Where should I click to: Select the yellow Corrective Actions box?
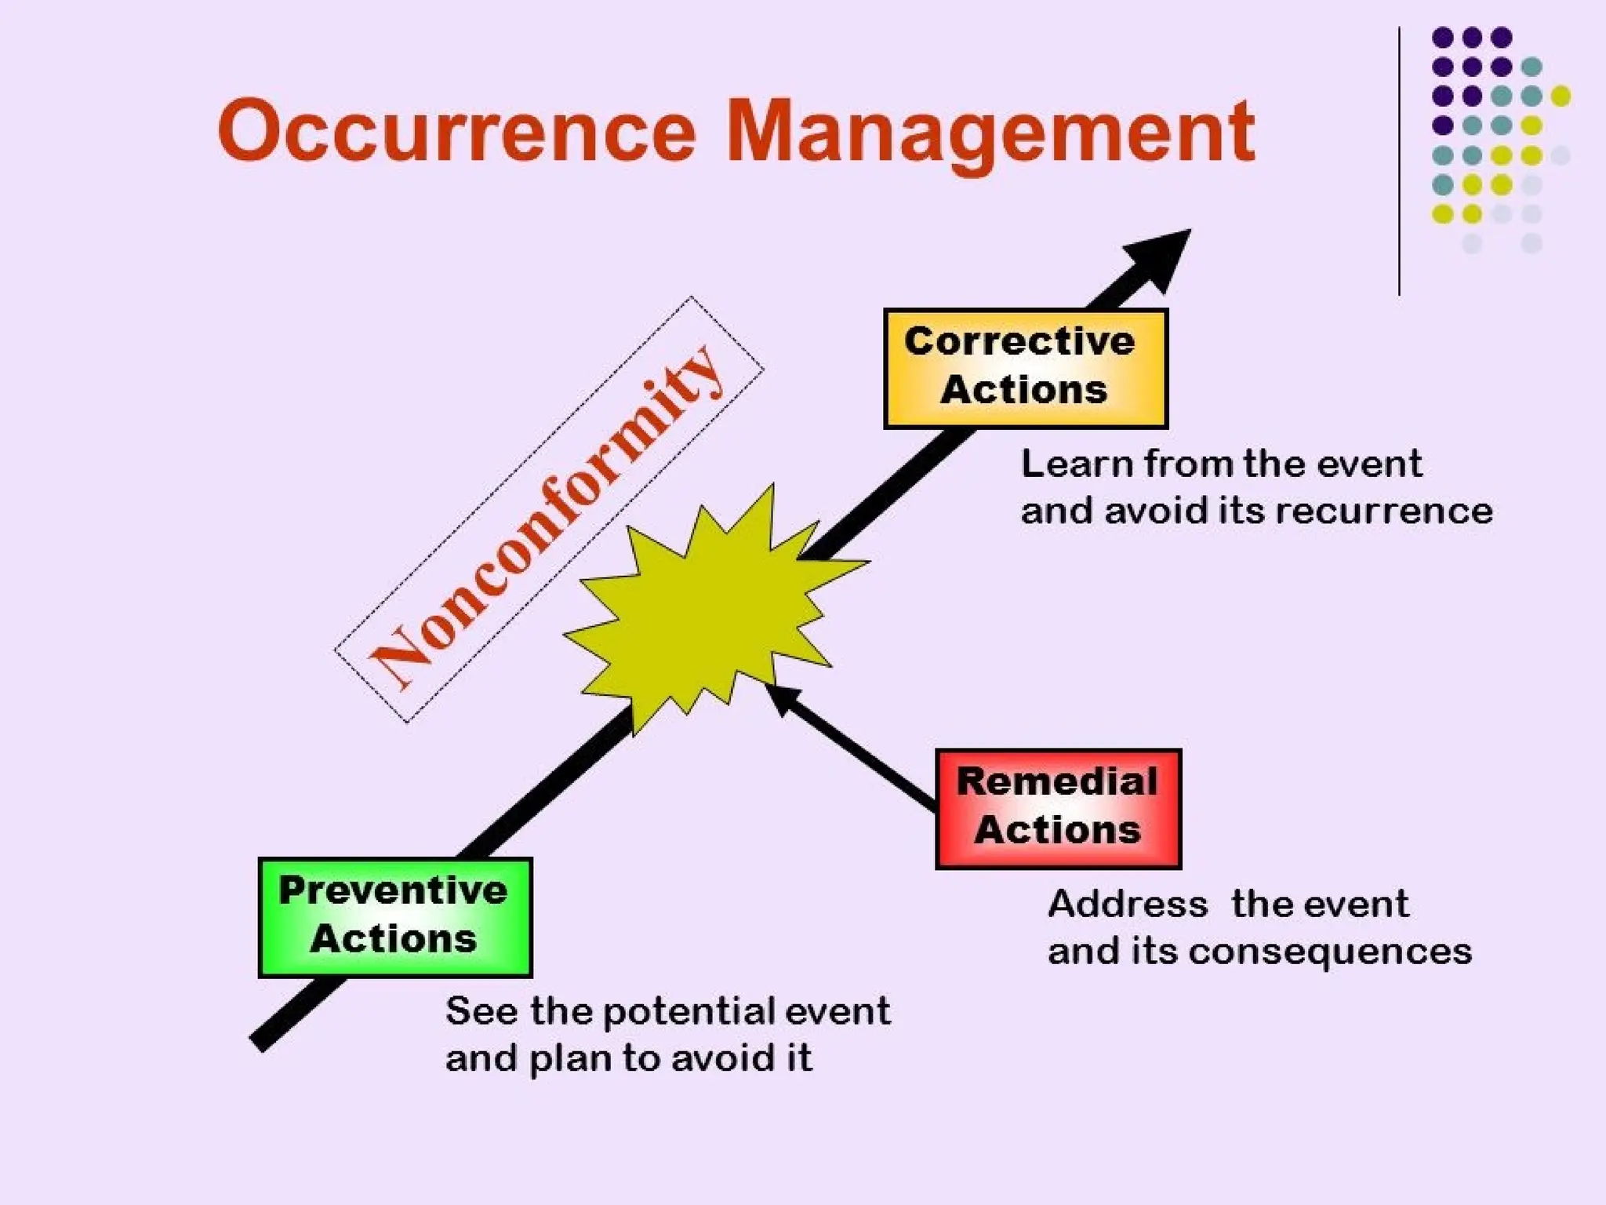pos(1025,369)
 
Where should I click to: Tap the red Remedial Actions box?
pos(1057,808)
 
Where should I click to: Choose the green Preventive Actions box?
pos(394,916)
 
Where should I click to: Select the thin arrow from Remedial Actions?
pos(851,745)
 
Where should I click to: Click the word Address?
pos(1127,904)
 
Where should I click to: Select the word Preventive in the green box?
pos(393,890)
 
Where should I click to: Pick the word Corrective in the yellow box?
pos(1019,341)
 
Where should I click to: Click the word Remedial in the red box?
pos(1056,781)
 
